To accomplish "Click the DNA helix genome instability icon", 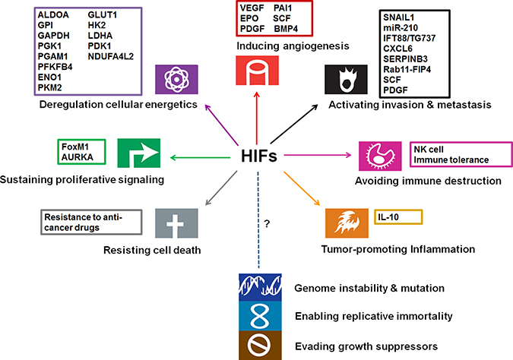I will [256, 287].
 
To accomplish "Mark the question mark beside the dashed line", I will [266, 224].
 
